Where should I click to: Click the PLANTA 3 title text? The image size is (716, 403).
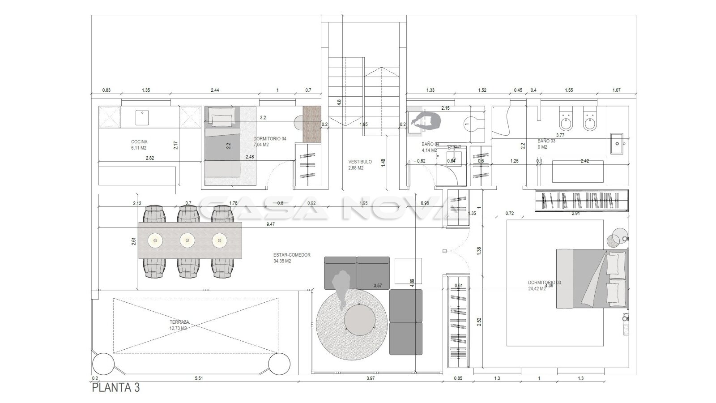[x=115, y=388]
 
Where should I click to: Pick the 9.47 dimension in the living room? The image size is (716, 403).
[x=270, y=224]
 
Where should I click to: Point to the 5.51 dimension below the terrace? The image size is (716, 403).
[x=199, y=378]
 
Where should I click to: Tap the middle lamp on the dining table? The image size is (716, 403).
[x=187, y=241]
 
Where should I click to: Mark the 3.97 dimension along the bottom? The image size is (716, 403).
[x=370, y=378]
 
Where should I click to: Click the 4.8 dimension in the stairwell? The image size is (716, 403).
[x=339, y=102]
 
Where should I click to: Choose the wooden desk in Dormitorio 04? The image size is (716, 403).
[x=312, y=123]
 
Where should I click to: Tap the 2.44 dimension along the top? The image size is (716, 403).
[x=215, y=90]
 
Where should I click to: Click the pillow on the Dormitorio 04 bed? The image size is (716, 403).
[x=222, y=119]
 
